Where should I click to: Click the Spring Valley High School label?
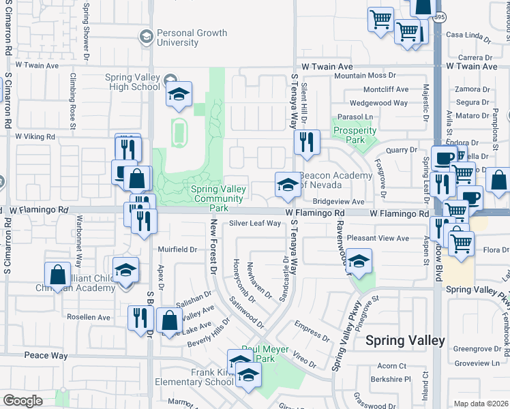point(133,82)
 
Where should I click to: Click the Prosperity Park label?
point(355,135)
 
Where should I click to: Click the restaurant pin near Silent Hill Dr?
point(306,142)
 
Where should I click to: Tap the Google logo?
point(22,401)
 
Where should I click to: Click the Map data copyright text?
point(481,404)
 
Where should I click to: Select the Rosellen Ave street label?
point(88,318)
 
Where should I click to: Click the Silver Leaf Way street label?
point(255,223)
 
